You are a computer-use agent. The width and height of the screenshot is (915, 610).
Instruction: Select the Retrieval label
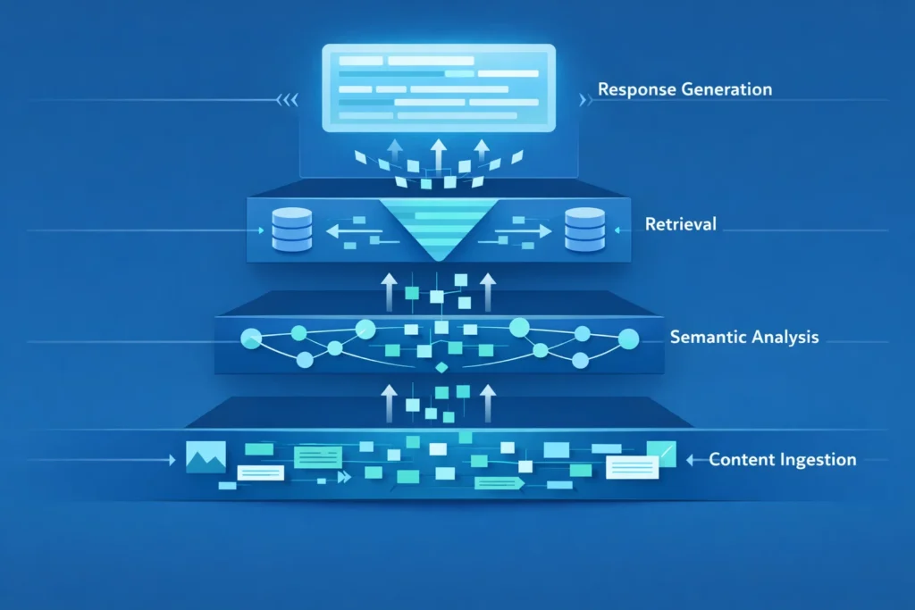point(680,224)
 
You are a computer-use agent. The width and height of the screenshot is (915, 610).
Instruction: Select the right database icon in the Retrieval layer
point(585,229)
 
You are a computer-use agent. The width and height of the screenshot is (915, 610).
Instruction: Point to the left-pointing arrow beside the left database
point(343,231)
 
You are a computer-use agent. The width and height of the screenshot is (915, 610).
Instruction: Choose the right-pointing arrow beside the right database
point(533,231)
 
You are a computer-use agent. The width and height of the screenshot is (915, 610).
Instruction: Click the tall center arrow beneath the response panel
point(437,154)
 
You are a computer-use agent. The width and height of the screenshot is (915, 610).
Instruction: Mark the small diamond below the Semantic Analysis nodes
point(439,367)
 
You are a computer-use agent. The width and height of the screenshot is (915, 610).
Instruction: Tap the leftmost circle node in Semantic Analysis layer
point(250,338)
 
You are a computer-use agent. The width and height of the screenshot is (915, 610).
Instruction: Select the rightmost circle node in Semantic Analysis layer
point(628,338)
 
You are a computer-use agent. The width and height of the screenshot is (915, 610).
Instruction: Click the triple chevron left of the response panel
point(287,100)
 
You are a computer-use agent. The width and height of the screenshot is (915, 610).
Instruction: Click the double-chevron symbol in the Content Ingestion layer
point(342,478)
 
